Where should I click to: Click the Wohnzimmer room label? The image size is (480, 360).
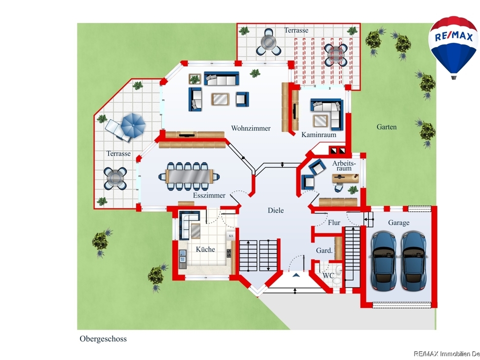tap(250, 128)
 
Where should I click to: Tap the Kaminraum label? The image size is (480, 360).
tap(318, 134)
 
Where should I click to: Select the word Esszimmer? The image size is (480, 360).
tap(209, 195)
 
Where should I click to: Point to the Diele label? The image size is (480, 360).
tap(275, 210)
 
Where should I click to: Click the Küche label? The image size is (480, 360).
tap(205, 249)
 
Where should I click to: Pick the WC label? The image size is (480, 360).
tap(328, 275)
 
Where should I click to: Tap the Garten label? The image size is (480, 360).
tap(386, 126)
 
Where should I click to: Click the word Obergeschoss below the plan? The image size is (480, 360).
tap(103, 339)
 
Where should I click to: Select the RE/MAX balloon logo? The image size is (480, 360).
tap(453, 47)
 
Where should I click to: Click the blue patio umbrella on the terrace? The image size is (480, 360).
tap(133, 125)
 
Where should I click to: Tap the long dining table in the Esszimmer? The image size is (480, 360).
tap(189, 176)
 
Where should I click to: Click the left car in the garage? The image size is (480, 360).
tap(382, 261)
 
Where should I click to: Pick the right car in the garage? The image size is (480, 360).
tap(413, 261)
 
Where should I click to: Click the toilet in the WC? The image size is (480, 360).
tap(337, 270)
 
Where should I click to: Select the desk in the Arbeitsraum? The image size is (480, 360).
tap(345, 178)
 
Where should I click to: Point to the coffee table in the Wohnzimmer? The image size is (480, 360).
tap(220, 99)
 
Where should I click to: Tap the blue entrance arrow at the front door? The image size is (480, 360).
tap(295, 275)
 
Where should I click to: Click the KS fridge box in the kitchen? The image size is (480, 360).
tap(231, 235)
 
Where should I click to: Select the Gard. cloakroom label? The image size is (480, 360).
tap(324, 250)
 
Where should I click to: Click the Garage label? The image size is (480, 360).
tap(398, 223)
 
